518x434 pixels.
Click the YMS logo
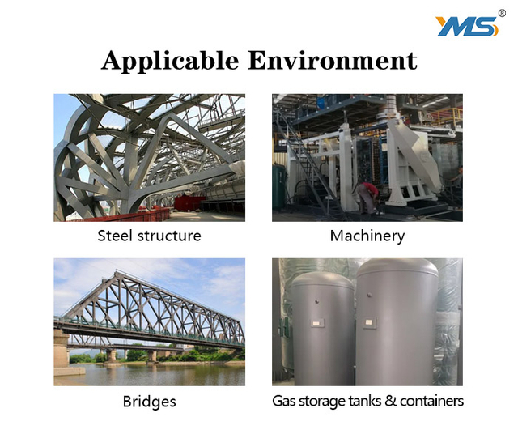coord(466,26)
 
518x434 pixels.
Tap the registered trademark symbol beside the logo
coord(502,14)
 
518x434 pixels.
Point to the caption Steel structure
coord(149,236)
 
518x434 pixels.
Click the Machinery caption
coord(367,236)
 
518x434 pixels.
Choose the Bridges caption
coord(149,401)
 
